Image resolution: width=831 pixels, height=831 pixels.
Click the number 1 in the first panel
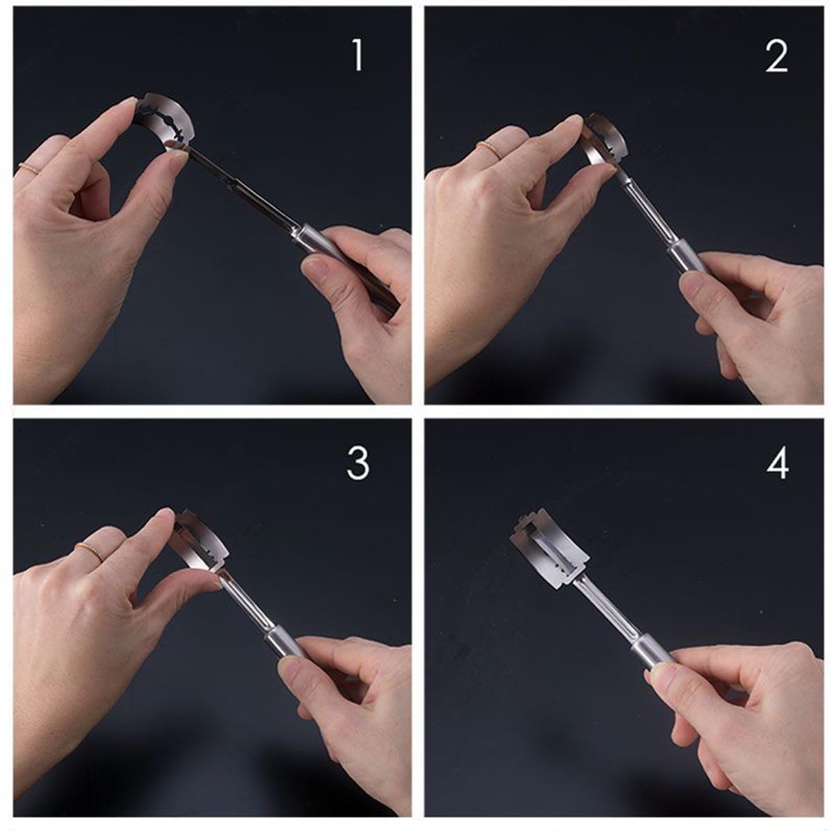click(357, 55)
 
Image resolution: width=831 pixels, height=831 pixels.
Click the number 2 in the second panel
click(776, 56)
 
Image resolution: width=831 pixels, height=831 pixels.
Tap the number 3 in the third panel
click(358, 463)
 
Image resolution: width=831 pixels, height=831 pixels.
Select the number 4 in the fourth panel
click(778, 463)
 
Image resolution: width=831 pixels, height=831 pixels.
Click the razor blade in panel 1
click(166, 120)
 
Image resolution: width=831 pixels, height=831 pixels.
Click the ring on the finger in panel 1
click(28, 169)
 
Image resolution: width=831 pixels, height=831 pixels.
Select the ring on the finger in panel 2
click(491, 150)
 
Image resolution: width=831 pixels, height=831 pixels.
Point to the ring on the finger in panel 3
click(90, 553)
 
